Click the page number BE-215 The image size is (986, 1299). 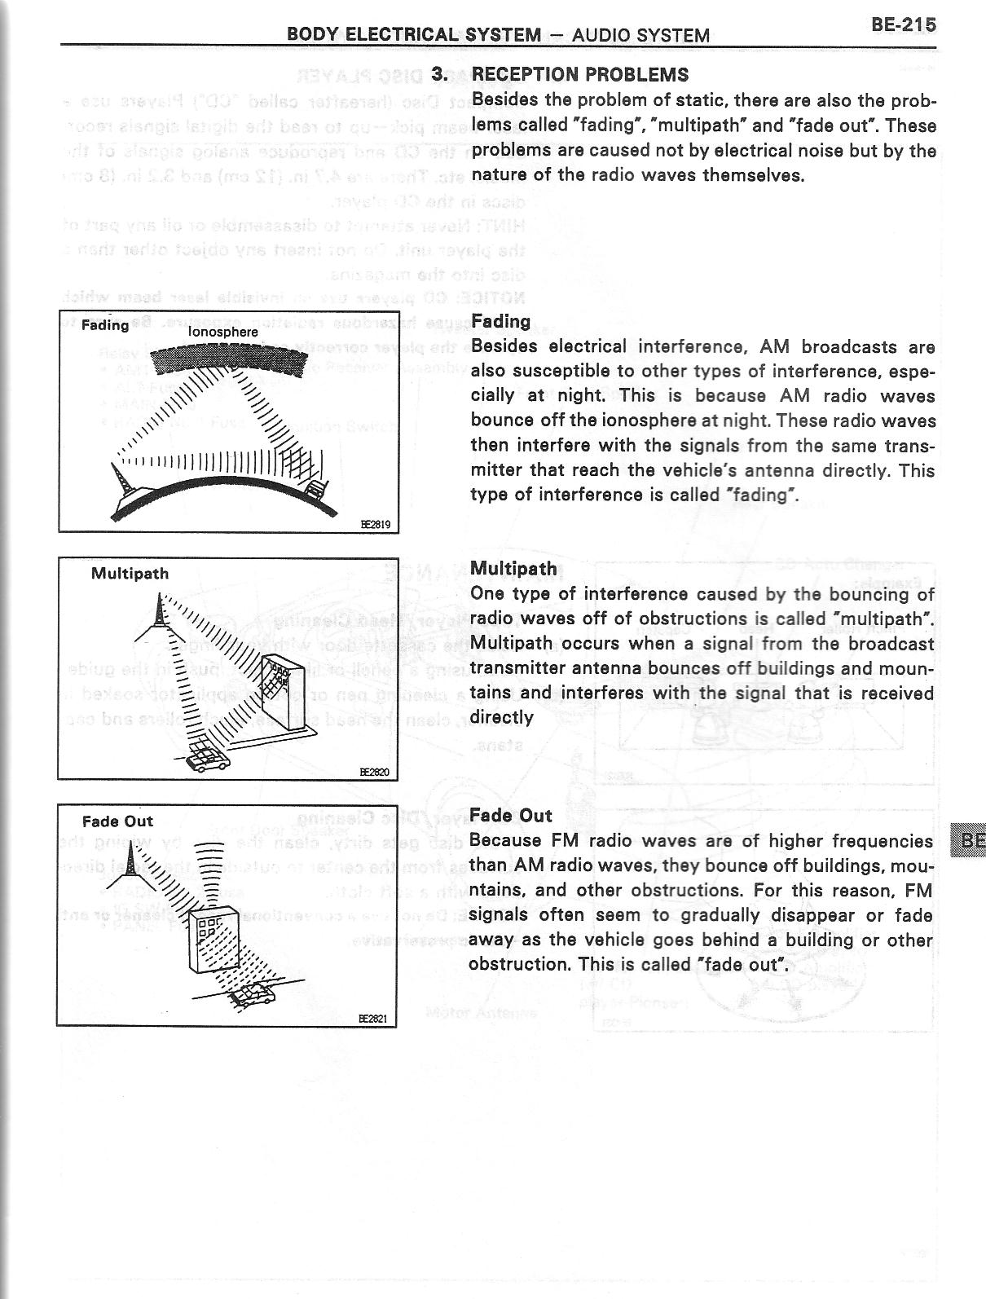903,24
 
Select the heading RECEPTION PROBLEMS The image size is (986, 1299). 579,75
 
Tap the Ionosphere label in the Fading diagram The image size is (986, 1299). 222,332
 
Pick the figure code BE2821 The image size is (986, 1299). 376,1019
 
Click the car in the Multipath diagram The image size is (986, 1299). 208,757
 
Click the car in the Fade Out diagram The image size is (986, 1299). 255,995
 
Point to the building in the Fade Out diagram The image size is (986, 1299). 210,938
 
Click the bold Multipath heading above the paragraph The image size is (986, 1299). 514,569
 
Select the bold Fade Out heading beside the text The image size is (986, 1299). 511,816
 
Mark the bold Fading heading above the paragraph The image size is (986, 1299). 500,321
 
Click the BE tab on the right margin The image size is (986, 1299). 970,840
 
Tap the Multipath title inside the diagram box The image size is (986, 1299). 130,574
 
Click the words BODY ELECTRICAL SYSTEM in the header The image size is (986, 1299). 414,35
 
